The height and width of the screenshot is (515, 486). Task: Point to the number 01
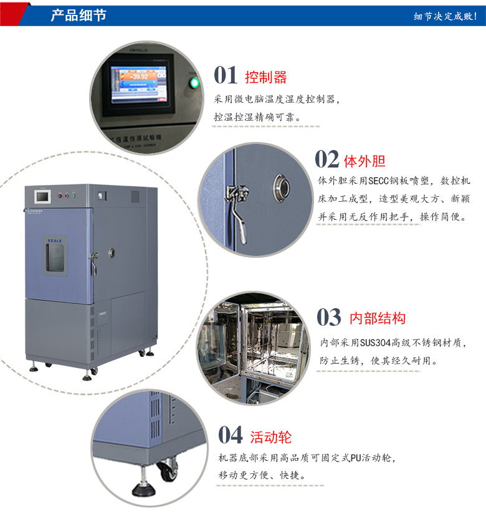(226, 75)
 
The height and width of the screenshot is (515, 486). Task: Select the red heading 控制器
(266, 77)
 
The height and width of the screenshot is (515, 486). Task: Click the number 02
(327, 159)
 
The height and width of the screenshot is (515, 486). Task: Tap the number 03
(329, 318)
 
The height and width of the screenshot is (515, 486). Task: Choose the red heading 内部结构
(378, 319)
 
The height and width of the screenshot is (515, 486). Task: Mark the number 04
(231, 435)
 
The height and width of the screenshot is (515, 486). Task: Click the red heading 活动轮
(271, 437)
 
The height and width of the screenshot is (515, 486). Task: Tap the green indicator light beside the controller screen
(194, 83)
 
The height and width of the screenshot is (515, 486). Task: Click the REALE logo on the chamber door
(55, 238)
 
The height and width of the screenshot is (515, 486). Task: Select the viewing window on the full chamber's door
(55, 256)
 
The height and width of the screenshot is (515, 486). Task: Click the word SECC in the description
(378, 181)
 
